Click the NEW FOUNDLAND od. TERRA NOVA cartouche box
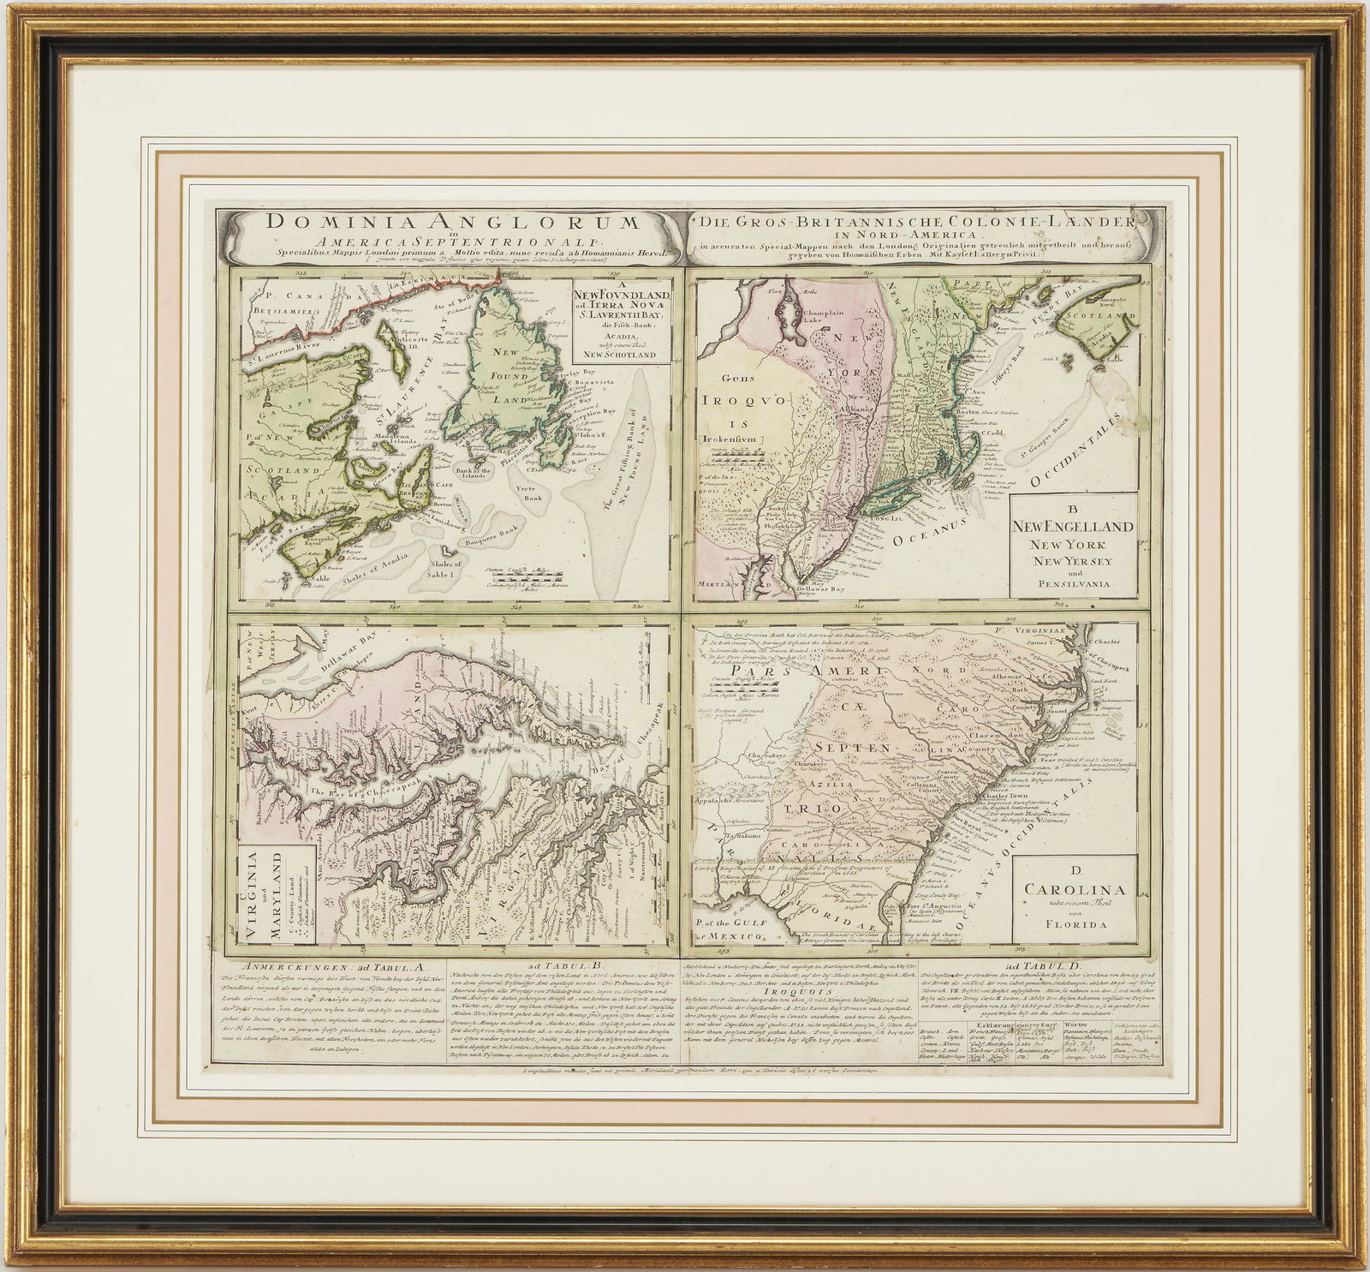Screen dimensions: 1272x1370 [x=624, y=323]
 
